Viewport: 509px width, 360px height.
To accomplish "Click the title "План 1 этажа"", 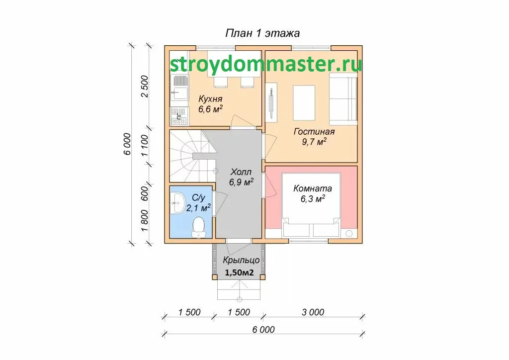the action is pyautogui.click(x=262, y=33).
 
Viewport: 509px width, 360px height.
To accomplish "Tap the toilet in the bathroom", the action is pyautogui.click(x=198, y=228).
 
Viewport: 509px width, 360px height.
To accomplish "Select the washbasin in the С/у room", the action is pyautogui.click(x=177, y=203).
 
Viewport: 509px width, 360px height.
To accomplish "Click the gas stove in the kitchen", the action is pyautogui.click(x=179, y=116).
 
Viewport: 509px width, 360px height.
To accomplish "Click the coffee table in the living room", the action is pyautogui.click(x=304, y=102).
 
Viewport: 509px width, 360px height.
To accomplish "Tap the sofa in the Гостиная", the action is pyautogui.click(x=343, y=99).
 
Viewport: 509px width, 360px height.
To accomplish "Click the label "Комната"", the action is pyautogui.click(x=313, y=188).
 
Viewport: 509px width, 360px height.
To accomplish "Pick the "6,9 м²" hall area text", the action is pyautogui.click(x=241, y=182).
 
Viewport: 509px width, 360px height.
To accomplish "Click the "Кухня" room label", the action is pyautogui.click(x=210, y=98).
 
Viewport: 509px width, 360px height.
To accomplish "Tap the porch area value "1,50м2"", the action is pyautogui.click(x=239, y=272).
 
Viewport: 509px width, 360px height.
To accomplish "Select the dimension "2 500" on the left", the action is pyautogui.click(x=145, y=87).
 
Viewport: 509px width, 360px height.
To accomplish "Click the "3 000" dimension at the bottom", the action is pyautogui.click(x=313, y=312).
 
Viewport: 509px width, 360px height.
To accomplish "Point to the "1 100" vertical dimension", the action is pyautogui.click(x=145, y=145).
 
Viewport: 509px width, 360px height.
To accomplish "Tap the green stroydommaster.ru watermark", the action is pyautogui.click(x=266, y=64).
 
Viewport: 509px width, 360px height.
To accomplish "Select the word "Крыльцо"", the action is pyautogui.click(x=241, y=261).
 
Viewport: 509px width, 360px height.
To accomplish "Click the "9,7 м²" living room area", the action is pyautogui.click(x=314, y=142).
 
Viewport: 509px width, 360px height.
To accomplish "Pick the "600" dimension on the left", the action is pyautogui.click(x=145, y=193).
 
